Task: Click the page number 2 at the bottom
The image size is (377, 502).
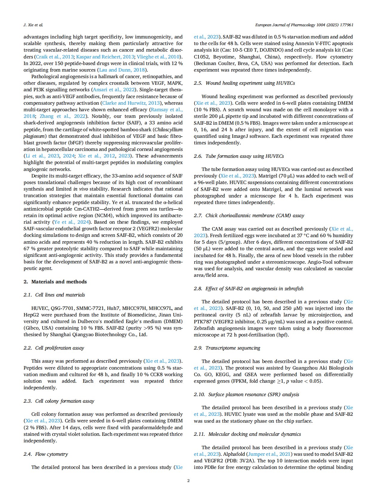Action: click(x=188, y=481)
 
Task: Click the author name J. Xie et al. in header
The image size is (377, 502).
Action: click(x=33, y=25)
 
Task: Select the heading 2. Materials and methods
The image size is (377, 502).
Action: click(x=55, y=282)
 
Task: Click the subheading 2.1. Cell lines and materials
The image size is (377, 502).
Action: click(x=54, y=295)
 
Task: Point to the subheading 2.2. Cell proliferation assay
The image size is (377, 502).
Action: click(x=54, y=348)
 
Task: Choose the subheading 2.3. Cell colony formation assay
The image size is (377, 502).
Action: click(x=59, y=401)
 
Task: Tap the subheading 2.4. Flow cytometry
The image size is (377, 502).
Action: click(x=46, y=454)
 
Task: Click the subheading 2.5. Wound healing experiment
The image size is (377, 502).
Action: click(x=244, y=83)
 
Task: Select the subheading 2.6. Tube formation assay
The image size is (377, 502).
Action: click(x=239, y=156)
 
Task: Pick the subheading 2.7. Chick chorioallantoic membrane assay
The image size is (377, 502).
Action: click(x=249, y=215)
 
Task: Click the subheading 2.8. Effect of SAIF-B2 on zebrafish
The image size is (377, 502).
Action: click(x=249, y=288)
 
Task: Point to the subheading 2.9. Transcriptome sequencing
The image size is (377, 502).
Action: click(x=227, y=348)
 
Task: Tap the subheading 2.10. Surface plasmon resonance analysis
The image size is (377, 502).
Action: click(x=246, y=394)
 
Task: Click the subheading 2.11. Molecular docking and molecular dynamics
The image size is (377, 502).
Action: click(x=247, y=434)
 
